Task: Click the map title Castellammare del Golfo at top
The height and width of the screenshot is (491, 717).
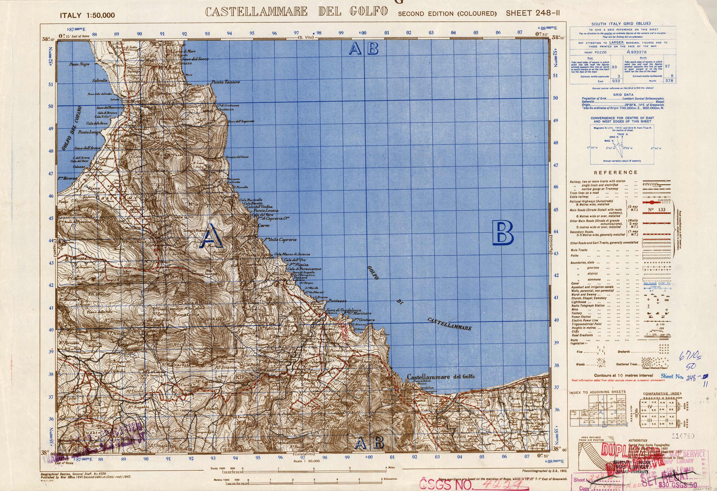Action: [296, 12]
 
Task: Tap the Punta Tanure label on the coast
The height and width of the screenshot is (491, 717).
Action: [226, 82]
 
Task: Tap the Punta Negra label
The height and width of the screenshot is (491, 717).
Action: [79, 64]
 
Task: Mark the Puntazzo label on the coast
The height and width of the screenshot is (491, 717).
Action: [337, 301]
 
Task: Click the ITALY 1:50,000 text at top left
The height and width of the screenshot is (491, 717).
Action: [87, 15]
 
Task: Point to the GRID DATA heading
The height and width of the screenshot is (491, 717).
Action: [623, 95]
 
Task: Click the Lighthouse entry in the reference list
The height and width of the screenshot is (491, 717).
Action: [579, 302]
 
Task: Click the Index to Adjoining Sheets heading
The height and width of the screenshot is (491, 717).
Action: [597, 392]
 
